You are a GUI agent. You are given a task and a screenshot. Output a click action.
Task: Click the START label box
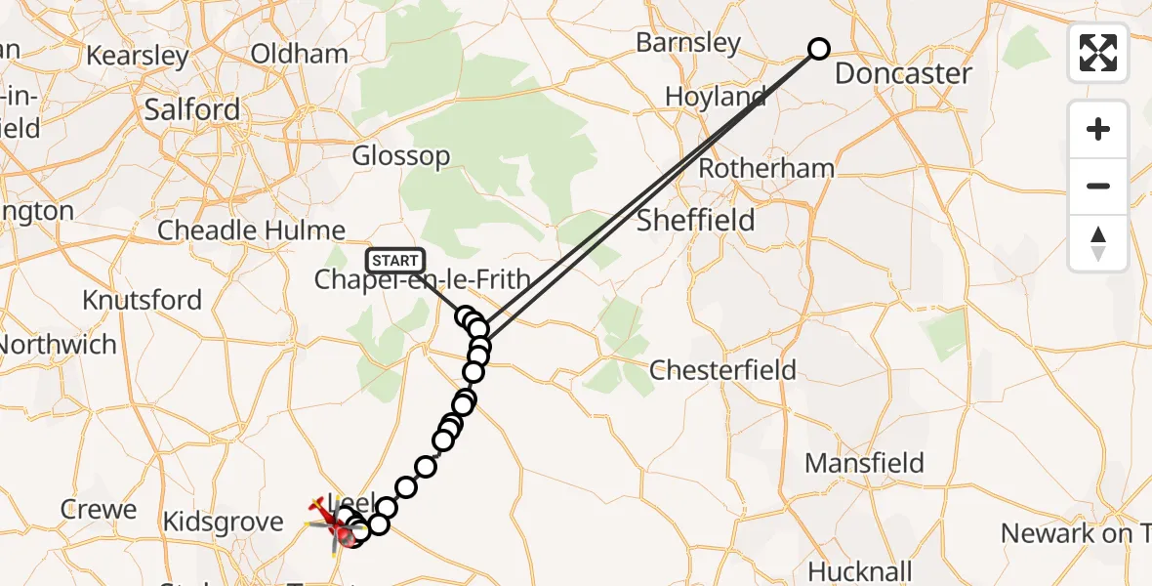pyautogui.click(x=395, y=261)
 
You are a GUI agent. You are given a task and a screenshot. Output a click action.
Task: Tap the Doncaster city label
pyautogui.click(x=903, y=73)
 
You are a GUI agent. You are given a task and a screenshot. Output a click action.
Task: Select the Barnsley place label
pyautogui.click(x=688, y=43)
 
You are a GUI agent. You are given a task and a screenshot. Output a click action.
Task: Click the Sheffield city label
pyautogui.click(x=695, y=220)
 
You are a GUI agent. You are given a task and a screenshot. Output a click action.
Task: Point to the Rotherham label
pyautogui.click(x=766, y=168)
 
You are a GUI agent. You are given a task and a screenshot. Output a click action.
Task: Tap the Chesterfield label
pyautogui.click(x=722, y=370)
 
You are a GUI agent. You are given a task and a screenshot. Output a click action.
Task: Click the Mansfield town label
pyautogui.click(x=865, y=462)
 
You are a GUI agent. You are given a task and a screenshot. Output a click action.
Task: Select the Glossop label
pyautogui.click(x=401, y=155)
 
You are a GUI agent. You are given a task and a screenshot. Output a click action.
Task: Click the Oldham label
pyautogui.click(x=300, y=54)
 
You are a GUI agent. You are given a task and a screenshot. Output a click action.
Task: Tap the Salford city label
pyautogui.click(x=191, y=109)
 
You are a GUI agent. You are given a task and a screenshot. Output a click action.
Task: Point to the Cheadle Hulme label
pyautogui.click(x=252, y=230)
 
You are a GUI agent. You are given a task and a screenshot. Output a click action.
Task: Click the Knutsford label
pyautogui.click(x=142, y=299)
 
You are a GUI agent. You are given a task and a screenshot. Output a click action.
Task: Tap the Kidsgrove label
pyautogui.click(x=224, y=522)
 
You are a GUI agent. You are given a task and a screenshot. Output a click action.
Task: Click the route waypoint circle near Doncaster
pyautogui.click(x=819, y=49)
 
